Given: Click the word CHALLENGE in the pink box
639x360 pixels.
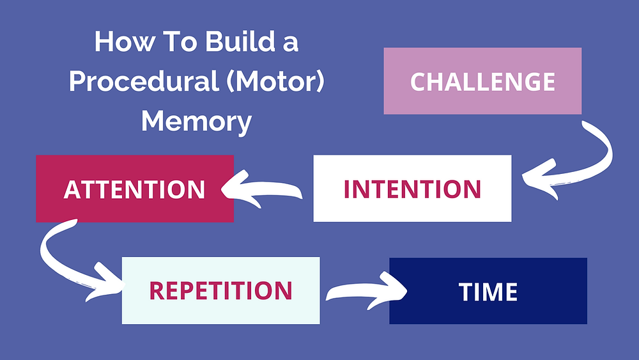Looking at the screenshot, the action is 482,82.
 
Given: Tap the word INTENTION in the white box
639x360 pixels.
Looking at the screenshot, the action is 412,189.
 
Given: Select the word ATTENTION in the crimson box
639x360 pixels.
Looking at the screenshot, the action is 134,189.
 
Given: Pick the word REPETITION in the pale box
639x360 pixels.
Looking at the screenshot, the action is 220,291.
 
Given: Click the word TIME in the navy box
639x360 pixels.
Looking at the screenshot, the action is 488,292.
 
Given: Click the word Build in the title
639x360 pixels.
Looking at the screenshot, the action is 240,42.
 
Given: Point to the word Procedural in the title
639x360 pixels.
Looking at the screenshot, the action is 144,81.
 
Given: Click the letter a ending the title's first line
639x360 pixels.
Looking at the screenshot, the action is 291,44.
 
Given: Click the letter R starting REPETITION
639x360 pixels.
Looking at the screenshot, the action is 157,291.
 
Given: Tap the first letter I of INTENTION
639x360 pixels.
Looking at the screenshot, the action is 347,189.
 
